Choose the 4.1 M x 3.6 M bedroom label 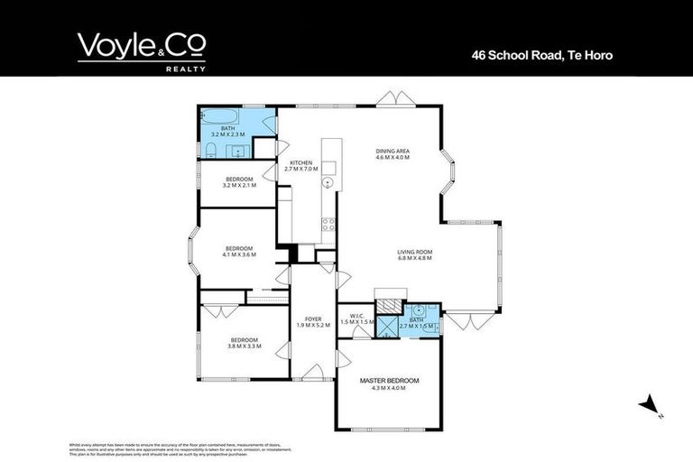click(x=239, y=252)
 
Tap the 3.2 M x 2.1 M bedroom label click(x=240, y=181)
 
